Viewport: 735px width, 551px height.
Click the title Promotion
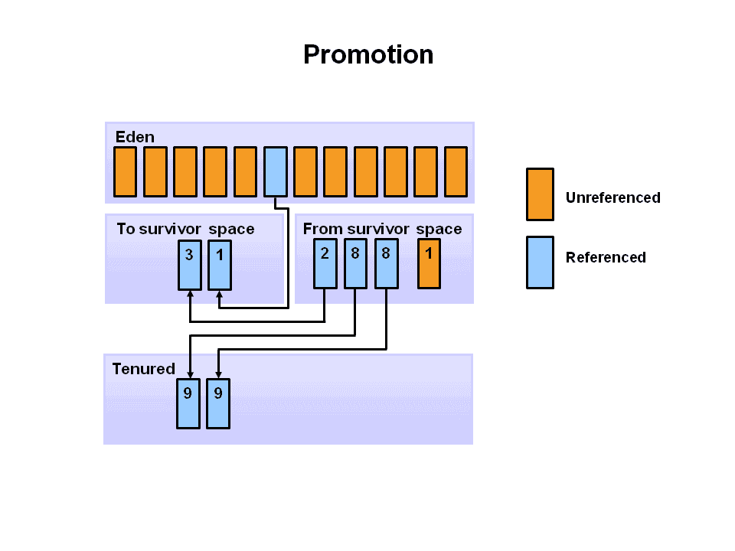(x=368, y=54)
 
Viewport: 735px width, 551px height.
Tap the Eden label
(x=135, y=137)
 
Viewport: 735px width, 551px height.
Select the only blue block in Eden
(x=275, y=171)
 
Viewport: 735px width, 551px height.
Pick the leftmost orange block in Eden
(x=125, y=171)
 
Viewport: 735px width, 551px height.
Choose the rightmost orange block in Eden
(x=456, y=171)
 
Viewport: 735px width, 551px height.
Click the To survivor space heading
(x=185, y=229)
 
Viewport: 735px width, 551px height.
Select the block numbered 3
(x=190, y=265)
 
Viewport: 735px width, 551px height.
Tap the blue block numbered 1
(x=220, y=265)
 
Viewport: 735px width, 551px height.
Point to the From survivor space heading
(x=382, y=229)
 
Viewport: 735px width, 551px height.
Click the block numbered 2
(x=325, y=263)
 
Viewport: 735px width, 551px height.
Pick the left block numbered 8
(x=355, y=263)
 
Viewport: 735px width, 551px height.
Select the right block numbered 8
(x=386, y=263)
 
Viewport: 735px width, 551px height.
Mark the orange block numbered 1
(x=429, y=263)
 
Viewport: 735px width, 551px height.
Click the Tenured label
(x=143, y=369)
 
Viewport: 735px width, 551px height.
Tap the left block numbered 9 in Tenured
(x=188, y=403)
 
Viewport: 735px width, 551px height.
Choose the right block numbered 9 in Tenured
(x=218, y=403)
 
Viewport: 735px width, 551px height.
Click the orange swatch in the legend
(x=540, y=194)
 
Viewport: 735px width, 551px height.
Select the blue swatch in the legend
(x=540, y=262)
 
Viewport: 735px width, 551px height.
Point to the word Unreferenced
(x=612, y=197)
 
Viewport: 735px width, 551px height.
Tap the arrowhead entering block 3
(x=190, y=294)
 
